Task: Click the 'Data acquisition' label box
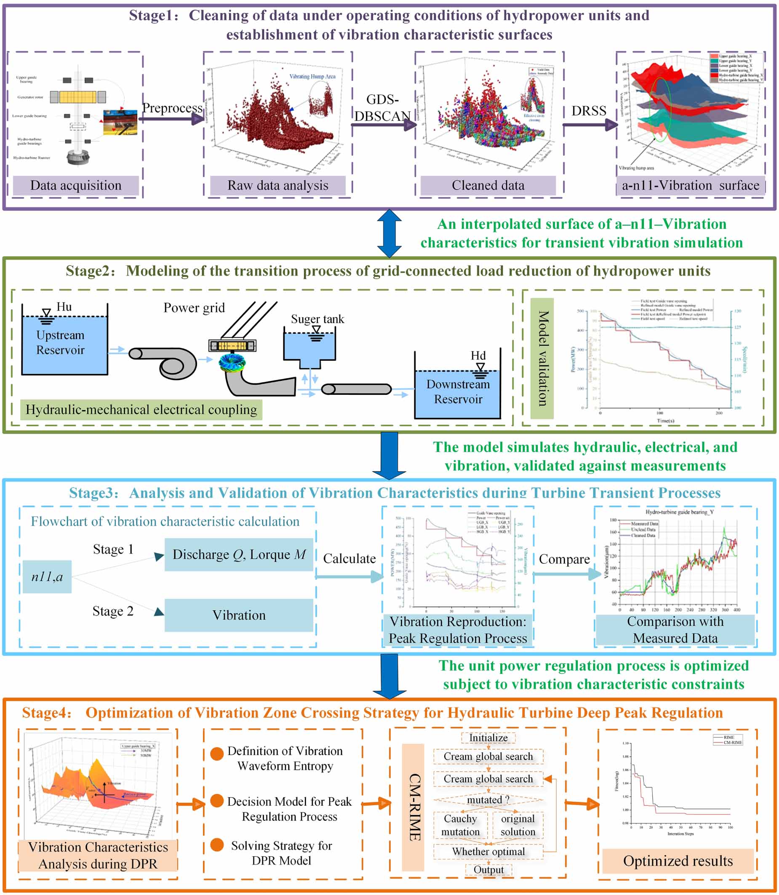pyautogui.click(x=76, y=185)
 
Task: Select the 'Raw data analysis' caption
pyautogui.click(x=278, y=185)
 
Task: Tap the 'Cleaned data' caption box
pyautogui.click(x=488, y=185)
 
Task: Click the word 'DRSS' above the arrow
pyautogui.click(x=589, y=111)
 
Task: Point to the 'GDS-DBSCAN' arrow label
pyautogui.click(x=382, y=108)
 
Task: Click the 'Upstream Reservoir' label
pyautogui.click(x=60, y=343)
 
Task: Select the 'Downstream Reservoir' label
pyautogui.click(x=458, y=391)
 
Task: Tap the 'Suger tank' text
pyautogui.click(x=317, y=319)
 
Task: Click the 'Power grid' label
pyautogui.click(x=194, y=308)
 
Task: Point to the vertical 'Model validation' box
pyautogui.click(x=542, y=358)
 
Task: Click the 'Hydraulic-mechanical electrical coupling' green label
pyautogui.click(x=141, y=410)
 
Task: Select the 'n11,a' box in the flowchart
pyautogui.click(x=47, y=577)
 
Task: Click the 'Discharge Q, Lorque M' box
pyautogui.click(x=239, y=554)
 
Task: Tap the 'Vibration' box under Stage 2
pyautogui.click(x=239, y=615)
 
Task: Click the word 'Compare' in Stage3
pyautogui.click(x=564, y=559)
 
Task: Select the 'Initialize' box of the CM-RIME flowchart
pyautogui.click(x=488, y=738)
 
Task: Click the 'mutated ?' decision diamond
pyautogui.click(x=488, y=800)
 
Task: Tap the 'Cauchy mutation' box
pyautogui.click(x=460, y=825)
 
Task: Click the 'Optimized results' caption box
pyautogui.click(x=678, y=860)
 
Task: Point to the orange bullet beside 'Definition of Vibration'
pyautogui.click(x=217, y=754)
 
